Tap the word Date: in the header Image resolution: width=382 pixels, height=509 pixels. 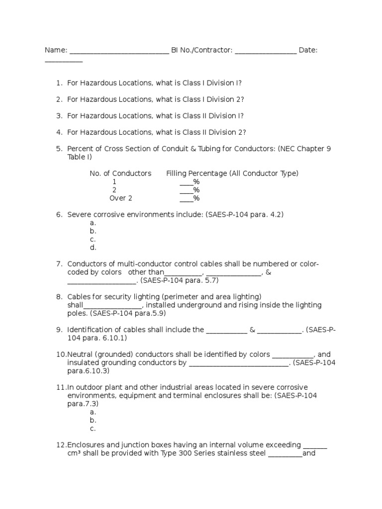click(308, 50)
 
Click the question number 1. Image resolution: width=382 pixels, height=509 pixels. click(59, 83)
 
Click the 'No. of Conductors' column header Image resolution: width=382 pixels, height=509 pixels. click(120, 173)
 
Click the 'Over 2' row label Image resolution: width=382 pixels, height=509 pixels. click(121, 198)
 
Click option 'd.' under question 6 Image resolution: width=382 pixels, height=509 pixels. click(93, 248)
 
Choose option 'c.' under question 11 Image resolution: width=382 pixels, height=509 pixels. click(93, 428)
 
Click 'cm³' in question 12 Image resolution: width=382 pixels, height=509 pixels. click(75, 453)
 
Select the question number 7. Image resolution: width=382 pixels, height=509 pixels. click(59, 264)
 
